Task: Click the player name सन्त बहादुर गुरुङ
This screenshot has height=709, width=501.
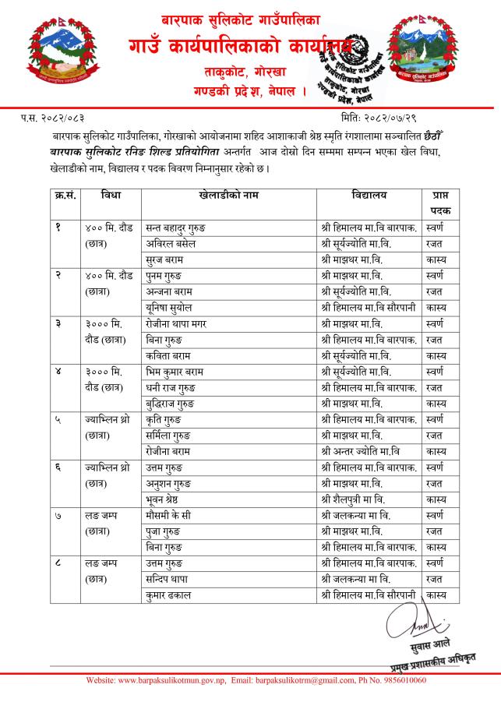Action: tap(180, 228)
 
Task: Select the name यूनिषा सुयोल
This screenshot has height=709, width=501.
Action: tap(174, 307)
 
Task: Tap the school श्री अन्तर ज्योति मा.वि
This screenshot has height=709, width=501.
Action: tap(364, 450)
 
